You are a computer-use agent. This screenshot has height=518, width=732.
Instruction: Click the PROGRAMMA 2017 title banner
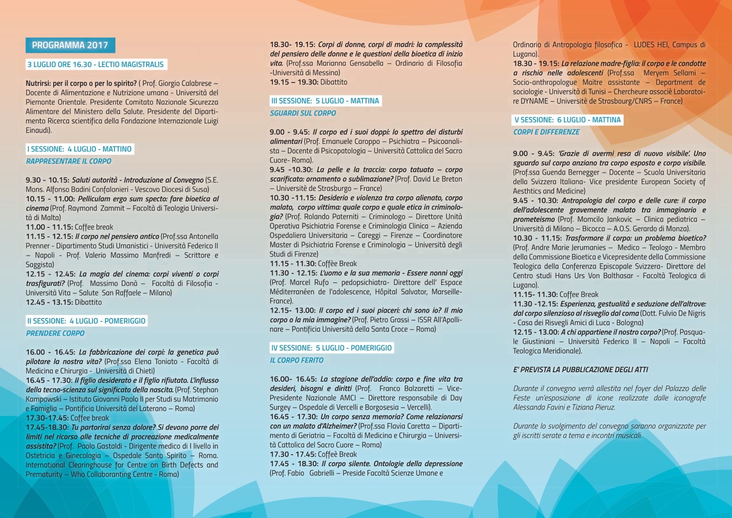click(70, 45)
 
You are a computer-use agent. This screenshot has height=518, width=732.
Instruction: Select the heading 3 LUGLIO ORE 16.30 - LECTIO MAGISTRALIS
click(95, 64)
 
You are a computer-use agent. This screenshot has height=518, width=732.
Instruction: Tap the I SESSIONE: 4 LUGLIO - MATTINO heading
click(79, 149)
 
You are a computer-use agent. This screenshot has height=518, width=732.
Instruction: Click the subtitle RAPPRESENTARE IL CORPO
click(69, 161)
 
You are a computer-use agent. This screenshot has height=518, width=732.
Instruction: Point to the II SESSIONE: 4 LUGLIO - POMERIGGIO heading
click(86, 321)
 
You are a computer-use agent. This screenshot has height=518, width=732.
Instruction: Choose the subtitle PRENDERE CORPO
click(55, 333)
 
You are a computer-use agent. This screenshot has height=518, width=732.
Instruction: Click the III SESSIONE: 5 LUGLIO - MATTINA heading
click(325, 101)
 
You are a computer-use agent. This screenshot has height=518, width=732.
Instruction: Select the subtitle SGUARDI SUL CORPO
click(303, 113)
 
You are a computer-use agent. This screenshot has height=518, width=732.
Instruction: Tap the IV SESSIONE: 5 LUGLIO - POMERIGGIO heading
click(332, 348)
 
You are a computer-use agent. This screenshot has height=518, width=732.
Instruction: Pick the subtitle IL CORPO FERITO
click(297, 360)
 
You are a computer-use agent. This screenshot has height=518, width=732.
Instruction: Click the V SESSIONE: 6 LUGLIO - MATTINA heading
click(568, 120)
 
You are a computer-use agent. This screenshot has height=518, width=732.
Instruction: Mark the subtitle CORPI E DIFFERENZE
click(546, 132)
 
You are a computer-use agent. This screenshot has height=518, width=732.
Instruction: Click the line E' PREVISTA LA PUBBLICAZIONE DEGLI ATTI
click(580, 370)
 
